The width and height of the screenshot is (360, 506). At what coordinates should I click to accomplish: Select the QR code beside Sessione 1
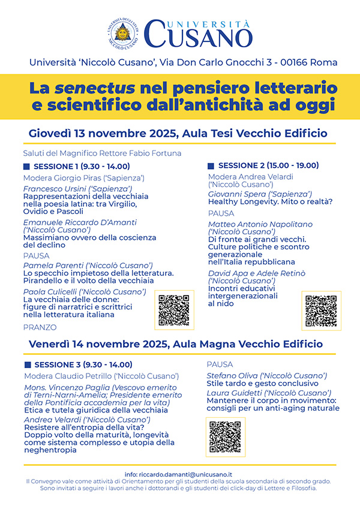pyautogui.click(x=174, y=310)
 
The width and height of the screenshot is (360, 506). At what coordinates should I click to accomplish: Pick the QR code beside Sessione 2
pyautogui.click(x=321, y=310)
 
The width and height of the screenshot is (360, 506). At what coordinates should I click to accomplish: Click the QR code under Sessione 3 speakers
pyautogui.click(x=226, y=436)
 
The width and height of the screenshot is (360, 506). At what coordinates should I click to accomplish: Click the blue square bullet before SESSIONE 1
pyautogui.click(x=26, y=166)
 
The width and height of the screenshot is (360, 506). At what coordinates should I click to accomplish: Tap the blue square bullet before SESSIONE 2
pyautogui.click(x=211, y=166)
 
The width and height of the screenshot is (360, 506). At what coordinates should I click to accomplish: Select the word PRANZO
pyautogui.click(x=40, y=327)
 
